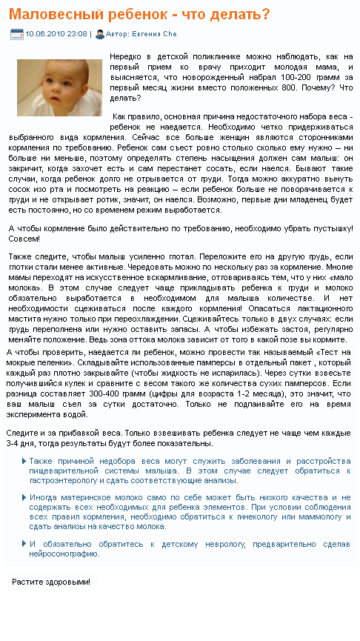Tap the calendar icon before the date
pyautogui.click(x=16, y=34)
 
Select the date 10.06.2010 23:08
pyautogui.click(x=56, y=34)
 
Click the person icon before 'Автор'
pyautogui.click(x=100, y=34)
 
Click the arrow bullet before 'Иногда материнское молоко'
pyautogui.click(x=24, y=497)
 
